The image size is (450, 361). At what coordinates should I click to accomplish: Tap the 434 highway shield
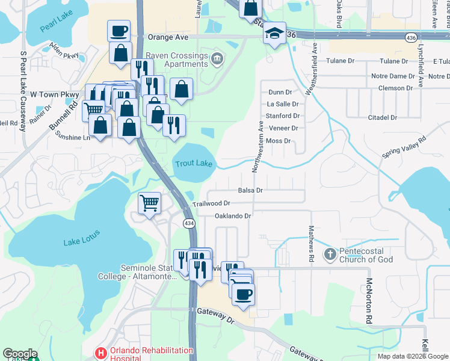tap(188, 223)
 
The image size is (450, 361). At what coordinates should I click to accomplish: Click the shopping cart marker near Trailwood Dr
tap(149, 202)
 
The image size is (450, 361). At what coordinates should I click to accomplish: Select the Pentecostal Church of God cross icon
tap(329, 255)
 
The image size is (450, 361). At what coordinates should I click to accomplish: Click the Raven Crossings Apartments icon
tap(218, 58)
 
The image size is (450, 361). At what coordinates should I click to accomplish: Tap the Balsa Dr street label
tap(251, 190)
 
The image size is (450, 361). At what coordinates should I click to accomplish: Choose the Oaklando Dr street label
tap(232, 215)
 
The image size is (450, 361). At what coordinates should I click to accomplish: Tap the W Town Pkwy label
tap(55, 94)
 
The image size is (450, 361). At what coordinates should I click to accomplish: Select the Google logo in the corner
tap(20, 354)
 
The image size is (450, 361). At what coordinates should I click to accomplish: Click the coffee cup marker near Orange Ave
tap(119, 31)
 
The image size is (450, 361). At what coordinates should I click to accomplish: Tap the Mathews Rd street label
tap(311, 244)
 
